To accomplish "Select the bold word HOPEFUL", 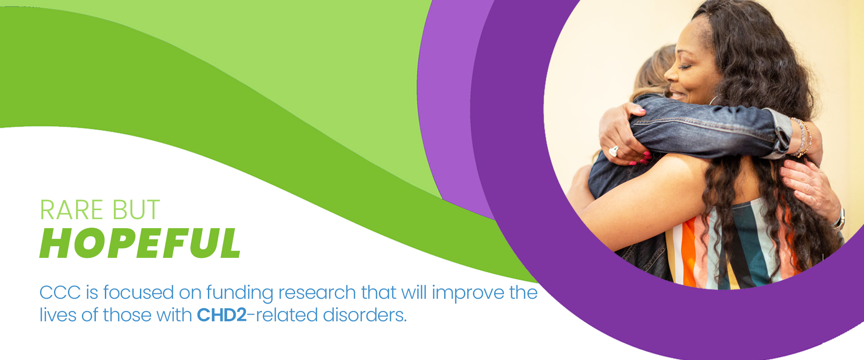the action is [x=140, y=243].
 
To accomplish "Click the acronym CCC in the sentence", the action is [x=59, y=292].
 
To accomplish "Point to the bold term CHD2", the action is [x=222, y=315].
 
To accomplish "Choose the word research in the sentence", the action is [x=317, y=292].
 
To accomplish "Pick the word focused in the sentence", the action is [x=139, y=292].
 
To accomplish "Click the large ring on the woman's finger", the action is [x=613, y=151].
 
